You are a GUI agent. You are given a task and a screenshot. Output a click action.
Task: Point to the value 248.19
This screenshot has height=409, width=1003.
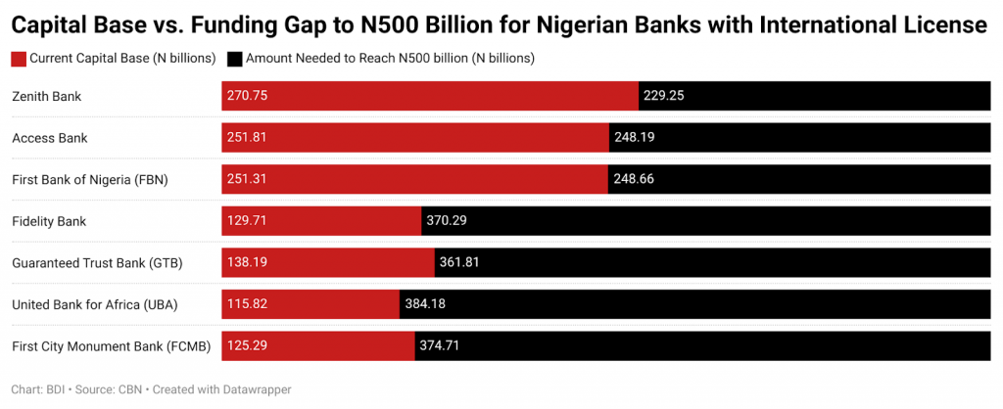635,138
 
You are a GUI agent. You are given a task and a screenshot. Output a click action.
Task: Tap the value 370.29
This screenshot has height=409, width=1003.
447,221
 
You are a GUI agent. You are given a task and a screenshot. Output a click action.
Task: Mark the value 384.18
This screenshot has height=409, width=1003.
425,304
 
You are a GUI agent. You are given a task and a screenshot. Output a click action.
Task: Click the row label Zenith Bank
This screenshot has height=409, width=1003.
46,96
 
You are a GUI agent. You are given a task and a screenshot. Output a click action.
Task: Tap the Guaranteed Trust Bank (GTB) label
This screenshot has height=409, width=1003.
97,263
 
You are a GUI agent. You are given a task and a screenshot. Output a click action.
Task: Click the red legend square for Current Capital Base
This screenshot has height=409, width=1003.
19,59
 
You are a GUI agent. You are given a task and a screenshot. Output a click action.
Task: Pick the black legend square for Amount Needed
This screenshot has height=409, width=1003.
234,59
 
